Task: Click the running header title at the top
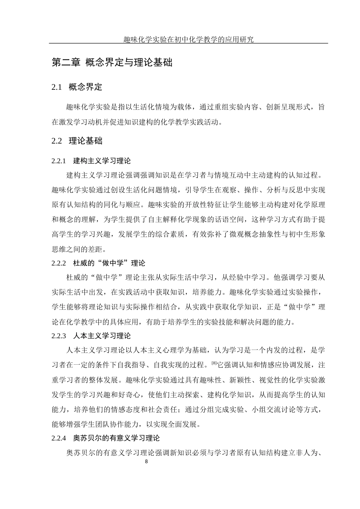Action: [x=188, y=39]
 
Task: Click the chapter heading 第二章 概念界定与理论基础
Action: [x=112, y=62]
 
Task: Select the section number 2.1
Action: [x=56, y=87]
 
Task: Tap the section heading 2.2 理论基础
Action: [x=77, y=141]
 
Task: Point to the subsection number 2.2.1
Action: [x=59, y=161]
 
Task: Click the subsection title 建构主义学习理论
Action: [x=102, y=161]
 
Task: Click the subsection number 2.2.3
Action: [x=59, y=336]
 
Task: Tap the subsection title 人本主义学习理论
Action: [x=102, y=336]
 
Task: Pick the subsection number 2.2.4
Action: [x=59, y=438]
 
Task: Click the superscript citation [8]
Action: [x=214, y=364]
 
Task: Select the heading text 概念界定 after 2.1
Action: [x=86, y=87]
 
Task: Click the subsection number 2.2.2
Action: [x=59, y=263]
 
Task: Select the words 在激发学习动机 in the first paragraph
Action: [x=77, y=122]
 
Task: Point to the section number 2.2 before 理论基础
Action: [x=56, y=141]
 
